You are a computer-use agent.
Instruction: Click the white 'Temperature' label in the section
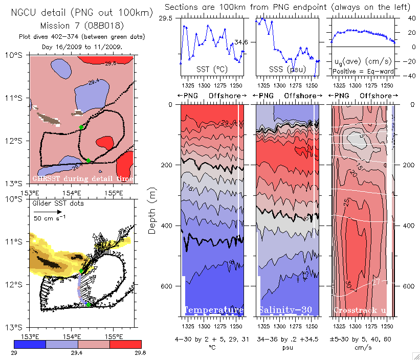pyautogui.click(x=213, y=310)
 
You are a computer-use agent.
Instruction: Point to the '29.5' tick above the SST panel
pyautogui.click(x=166, y=18)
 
